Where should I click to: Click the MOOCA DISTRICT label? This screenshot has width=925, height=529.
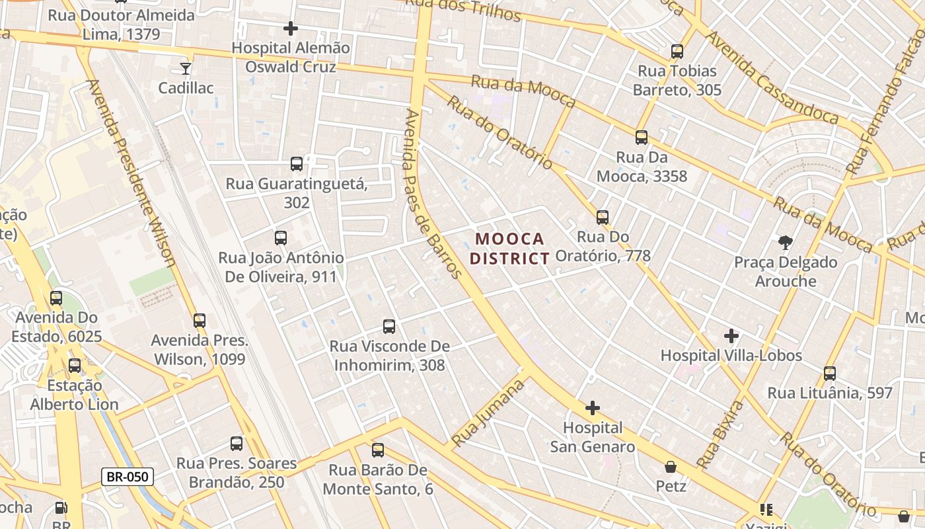pos(509,248)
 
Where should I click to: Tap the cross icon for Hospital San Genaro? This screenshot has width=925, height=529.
pos(593,408)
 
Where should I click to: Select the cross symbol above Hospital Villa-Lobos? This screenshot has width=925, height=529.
pos(731,336)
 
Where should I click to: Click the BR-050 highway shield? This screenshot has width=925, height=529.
pos(128,476)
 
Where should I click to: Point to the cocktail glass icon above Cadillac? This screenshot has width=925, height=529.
pos(186,68)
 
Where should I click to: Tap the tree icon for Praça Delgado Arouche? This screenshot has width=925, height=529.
pos(786,243)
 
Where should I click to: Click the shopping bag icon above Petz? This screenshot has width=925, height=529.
pos(671,468)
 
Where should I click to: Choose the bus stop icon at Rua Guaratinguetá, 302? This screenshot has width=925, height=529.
pos(297,163)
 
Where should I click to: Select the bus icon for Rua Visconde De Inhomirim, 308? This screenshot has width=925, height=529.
pos(389,326)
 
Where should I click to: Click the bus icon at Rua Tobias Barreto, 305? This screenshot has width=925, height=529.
pos(677,51)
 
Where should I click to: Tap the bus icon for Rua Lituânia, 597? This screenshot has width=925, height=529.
pos(830,373)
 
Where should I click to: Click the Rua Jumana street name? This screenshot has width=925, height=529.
pos(490,412)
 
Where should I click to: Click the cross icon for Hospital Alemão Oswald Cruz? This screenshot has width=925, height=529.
pos(290,28)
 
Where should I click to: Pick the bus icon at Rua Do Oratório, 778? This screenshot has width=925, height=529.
pos(603,217)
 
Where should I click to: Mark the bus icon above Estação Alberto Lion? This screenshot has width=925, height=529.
pos(75,365)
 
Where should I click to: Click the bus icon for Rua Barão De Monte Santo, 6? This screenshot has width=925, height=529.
pos(378,450)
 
